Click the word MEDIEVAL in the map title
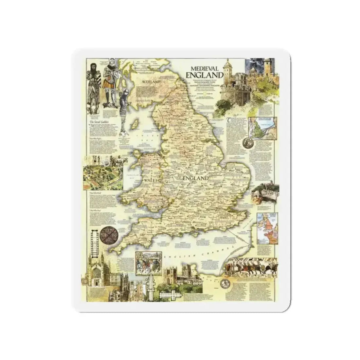click(x=202, y=68)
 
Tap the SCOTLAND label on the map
click(x=151, y=81)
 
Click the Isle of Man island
click(x=134, y=125)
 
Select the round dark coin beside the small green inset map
click(x=246, y=143)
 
